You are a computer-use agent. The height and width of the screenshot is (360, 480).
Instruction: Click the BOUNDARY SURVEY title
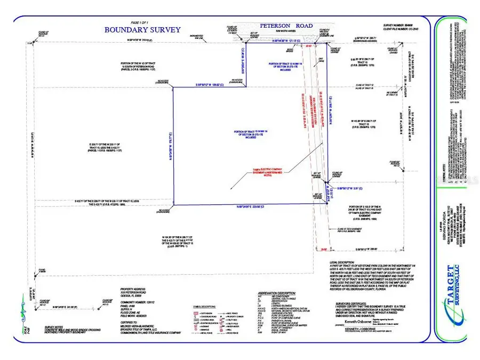[142, 30]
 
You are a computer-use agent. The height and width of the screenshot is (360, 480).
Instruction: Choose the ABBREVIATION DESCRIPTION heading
[276, 293]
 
